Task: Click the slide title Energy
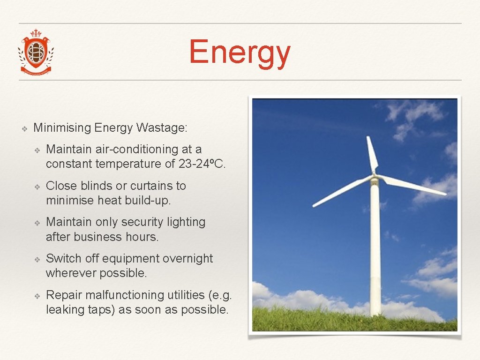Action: pos(240,53)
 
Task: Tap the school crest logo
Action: pos(36,52)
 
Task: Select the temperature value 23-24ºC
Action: pos(202,164)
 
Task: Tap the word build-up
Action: pos(149,201)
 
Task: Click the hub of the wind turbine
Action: pos(374,177)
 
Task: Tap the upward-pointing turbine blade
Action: pos(372,155)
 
